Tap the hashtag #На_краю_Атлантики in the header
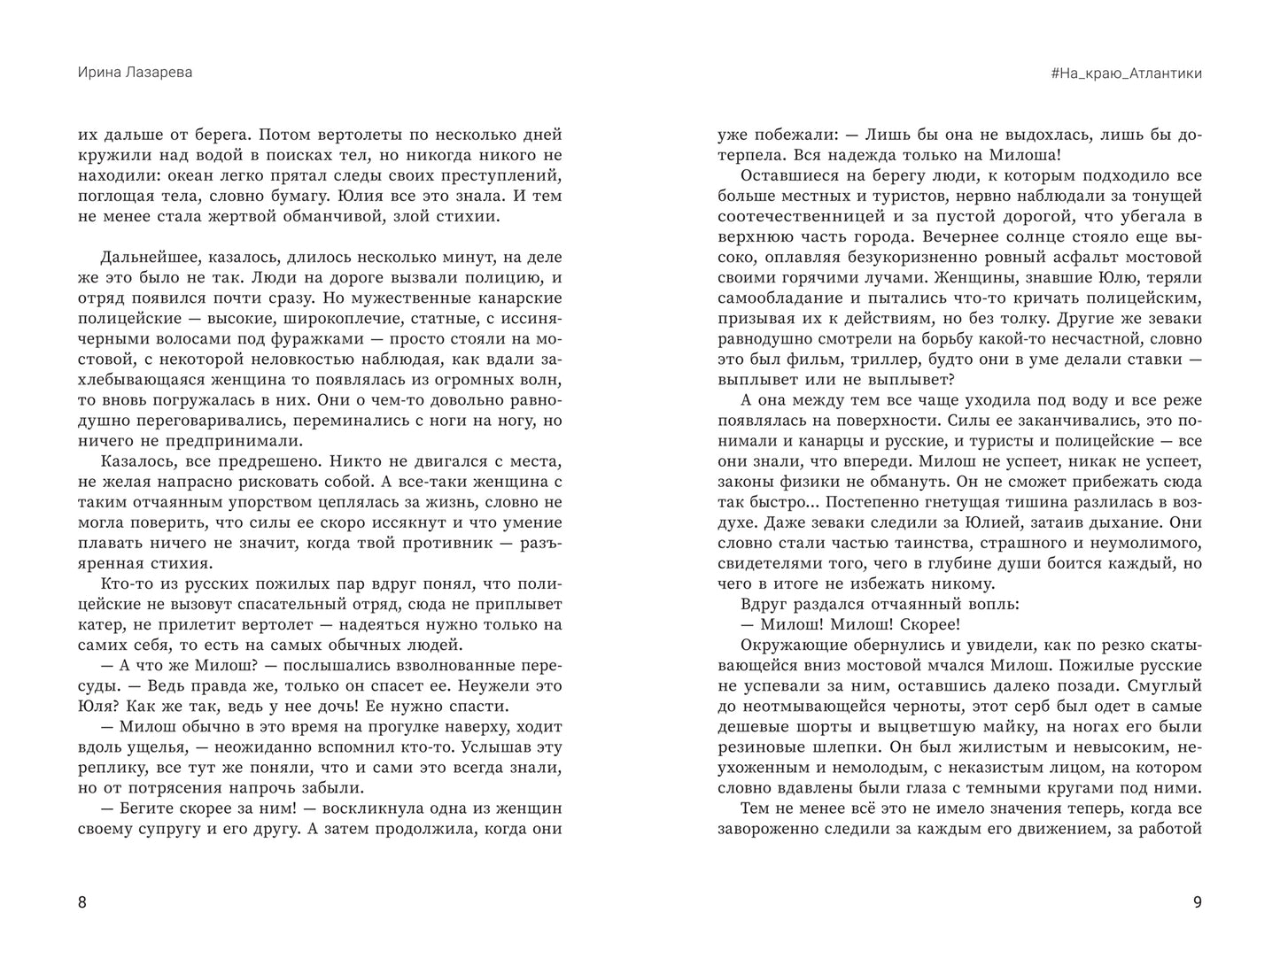pyautogui.click(x=1126, y=73)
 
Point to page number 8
pyautogui.click(x=82, y=902)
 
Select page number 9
pyautogui.click(x=1197, y=902)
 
